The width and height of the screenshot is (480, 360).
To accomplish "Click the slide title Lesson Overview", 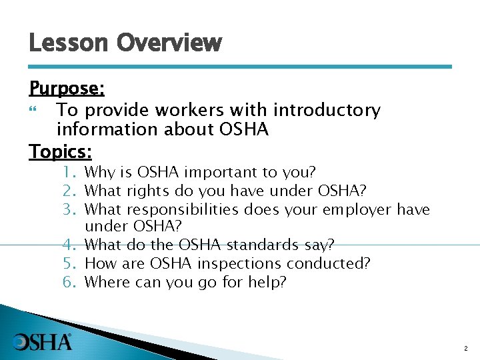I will [x=125, y=44].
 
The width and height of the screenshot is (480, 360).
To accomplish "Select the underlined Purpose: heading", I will [x=67, y=89].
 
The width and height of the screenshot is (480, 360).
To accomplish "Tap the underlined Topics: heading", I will [x=61, y=151].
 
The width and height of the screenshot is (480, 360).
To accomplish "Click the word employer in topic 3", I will [x=361, y=209].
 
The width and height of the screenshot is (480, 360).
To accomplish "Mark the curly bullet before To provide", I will [x=35, y=110].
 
